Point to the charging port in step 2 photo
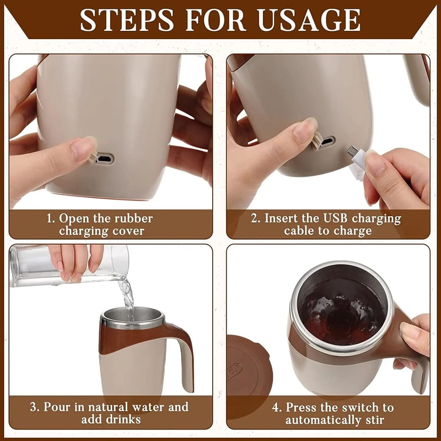(x=327, y=142)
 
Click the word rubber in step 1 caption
(x=134, y=218)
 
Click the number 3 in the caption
(x=34, y=408)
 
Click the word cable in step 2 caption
(x=302, y=231)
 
